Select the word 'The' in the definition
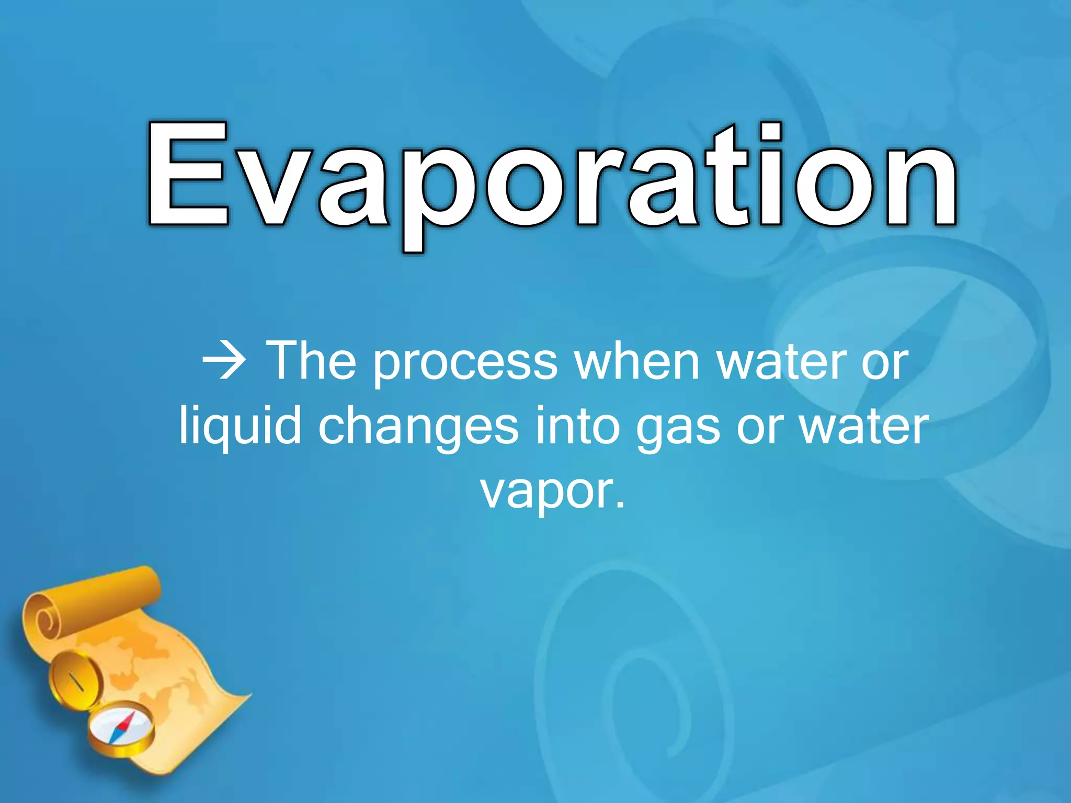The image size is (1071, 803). click(311, 361)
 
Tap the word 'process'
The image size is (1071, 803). click(465, 366)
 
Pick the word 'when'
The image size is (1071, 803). click(637, 361)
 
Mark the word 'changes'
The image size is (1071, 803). click(418, 429)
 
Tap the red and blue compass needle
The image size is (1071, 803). click(122, 728)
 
